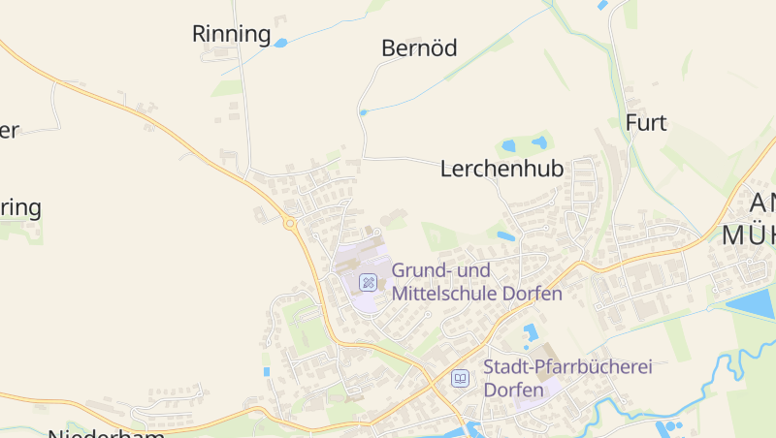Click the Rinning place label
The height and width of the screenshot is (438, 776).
(231, 35)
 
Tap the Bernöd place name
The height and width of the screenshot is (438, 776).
(418, 48)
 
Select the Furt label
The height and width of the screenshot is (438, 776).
(646, 123)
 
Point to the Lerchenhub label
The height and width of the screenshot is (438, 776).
(501, 169)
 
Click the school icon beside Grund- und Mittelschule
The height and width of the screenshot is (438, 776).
(368, 282)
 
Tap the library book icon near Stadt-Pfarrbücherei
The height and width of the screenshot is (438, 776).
(460, 378)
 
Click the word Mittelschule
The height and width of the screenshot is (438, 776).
(445, 294)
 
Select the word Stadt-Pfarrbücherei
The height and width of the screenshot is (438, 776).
(567, 367)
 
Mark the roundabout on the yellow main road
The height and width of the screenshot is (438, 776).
(289, 224)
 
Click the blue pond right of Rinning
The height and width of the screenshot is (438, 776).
(280, 43)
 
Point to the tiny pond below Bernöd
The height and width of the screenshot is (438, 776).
(364, 112)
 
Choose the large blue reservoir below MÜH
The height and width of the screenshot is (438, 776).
(752, 304)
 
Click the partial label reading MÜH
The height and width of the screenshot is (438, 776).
(748, 235)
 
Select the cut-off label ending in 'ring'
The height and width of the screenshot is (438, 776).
(20, 208)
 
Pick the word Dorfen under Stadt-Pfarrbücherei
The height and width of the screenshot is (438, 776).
(512, 391)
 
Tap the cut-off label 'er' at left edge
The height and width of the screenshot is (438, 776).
(9, 131)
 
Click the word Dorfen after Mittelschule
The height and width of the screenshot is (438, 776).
(533, 294)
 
